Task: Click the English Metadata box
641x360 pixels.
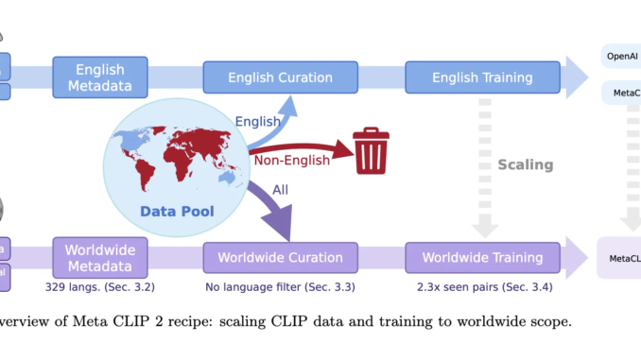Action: tap(101, 77)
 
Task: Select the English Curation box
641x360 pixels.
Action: tap(281, 77)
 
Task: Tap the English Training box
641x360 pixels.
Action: tap(482, 77)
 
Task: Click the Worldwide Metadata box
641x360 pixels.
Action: tap(101, 257)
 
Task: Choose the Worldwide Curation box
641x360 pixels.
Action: tap(281, 257)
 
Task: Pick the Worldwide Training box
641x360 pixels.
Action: tap(482, 257)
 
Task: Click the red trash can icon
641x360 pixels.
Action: tap(371, 152)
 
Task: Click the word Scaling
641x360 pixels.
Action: tap(526, 164)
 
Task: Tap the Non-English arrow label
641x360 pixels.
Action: tap(291, 160)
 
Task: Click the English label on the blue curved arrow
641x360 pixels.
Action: tap(256, 122)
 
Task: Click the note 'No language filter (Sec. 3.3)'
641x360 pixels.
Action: tap(281, 284)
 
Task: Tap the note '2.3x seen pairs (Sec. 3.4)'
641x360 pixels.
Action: tap(482, 284)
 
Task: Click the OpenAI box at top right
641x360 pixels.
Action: tap(620, 56)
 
